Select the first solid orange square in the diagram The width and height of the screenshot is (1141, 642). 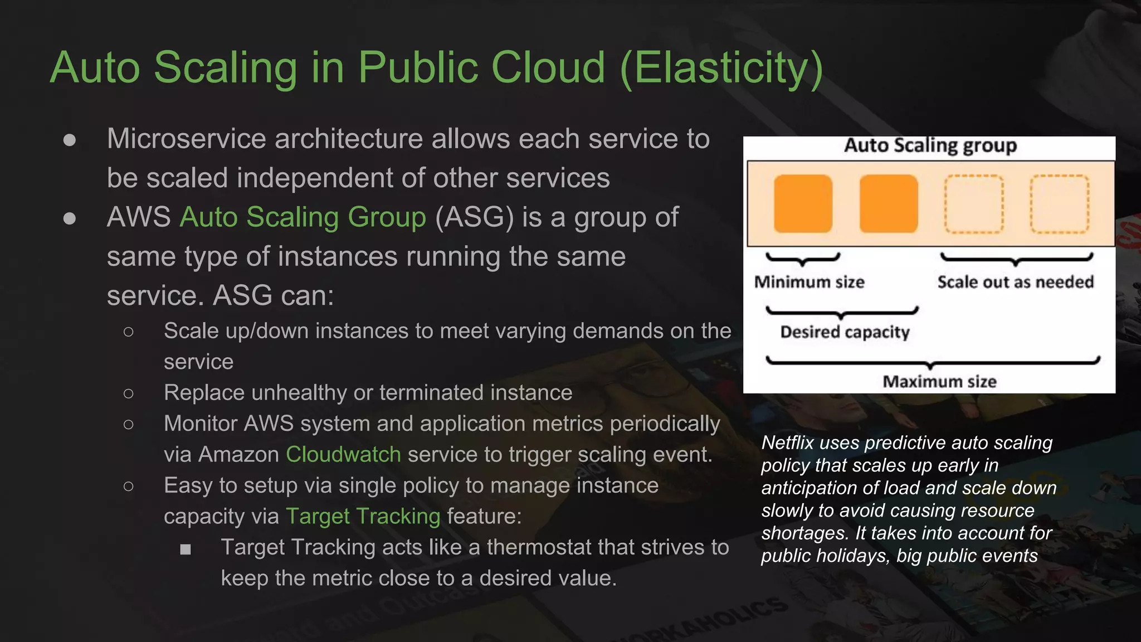pyautogui.click(x=803, y=203)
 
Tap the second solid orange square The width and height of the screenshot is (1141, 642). pyautogui.click(x=889, y=203)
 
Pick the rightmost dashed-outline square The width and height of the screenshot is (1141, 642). pyautogui.click(x=1059, y=203)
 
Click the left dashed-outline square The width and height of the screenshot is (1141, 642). pyautogui.click(x=974, y=203)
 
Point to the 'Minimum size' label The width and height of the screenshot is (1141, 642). pyautogui.click(x=809, y=282)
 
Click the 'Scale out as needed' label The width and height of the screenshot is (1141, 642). pyautogui.click(x=1015, y=282)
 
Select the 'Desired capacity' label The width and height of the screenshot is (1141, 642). pyautogui.click(x=845, y=332)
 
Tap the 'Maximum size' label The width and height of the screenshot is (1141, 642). pyautogui.click(x=939, y=382)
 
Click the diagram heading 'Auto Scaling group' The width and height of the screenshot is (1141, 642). pyautogui.click(x=930, y=145)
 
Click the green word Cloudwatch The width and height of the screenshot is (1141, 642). pyautogui.click(x=343, y=455)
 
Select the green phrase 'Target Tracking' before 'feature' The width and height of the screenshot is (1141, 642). pyautogui.click(x=363, y=517)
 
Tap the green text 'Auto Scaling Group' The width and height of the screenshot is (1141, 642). pyautogui.click(x=303, y=217)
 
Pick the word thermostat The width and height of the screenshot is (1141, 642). pyautogui.click(x=560, y=547)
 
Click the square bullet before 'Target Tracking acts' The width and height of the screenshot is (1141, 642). pyautogui.click(x=186, y=549)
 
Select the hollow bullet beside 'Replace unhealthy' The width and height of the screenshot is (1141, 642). pyautogui.click(x=129, y=394)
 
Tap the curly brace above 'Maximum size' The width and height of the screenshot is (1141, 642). pyautogui.click(x=933, y=362)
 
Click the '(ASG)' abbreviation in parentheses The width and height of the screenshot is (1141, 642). pyautogui.click(x=474, y=217)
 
